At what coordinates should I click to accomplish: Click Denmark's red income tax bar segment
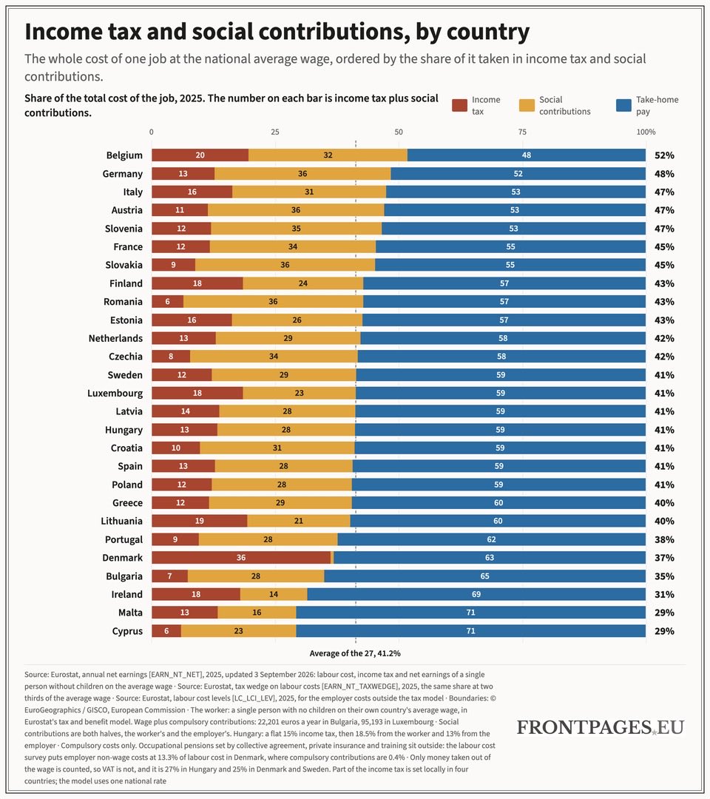241,558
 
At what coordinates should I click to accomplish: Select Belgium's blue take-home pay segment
527,155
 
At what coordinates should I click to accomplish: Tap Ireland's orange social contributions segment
274,594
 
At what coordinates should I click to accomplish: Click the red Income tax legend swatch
459,106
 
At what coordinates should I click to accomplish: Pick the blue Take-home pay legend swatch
623,106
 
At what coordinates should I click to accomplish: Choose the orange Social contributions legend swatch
527,106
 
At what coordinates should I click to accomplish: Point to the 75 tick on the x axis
522,132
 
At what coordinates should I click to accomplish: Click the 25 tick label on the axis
275,132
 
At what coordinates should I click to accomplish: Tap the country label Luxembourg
115,394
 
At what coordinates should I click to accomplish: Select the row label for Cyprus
127,631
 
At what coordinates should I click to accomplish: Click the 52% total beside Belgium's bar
664,155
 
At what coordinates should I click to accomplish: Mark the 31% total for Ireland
664,595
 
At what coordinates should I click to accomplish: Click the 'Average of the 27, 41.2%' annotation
355,653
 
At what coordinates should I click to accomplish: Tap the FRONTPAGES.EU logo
601,727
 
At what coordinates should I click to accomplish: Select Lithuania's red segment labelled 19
199,521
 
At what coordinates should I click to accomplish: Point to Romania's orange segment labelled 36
274,301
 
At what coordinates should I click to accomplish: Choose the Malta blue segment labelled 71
470,613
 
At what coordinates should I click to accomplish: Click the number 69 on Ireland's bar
476,594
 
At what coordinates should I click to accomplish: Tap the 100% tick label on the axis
646,132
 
